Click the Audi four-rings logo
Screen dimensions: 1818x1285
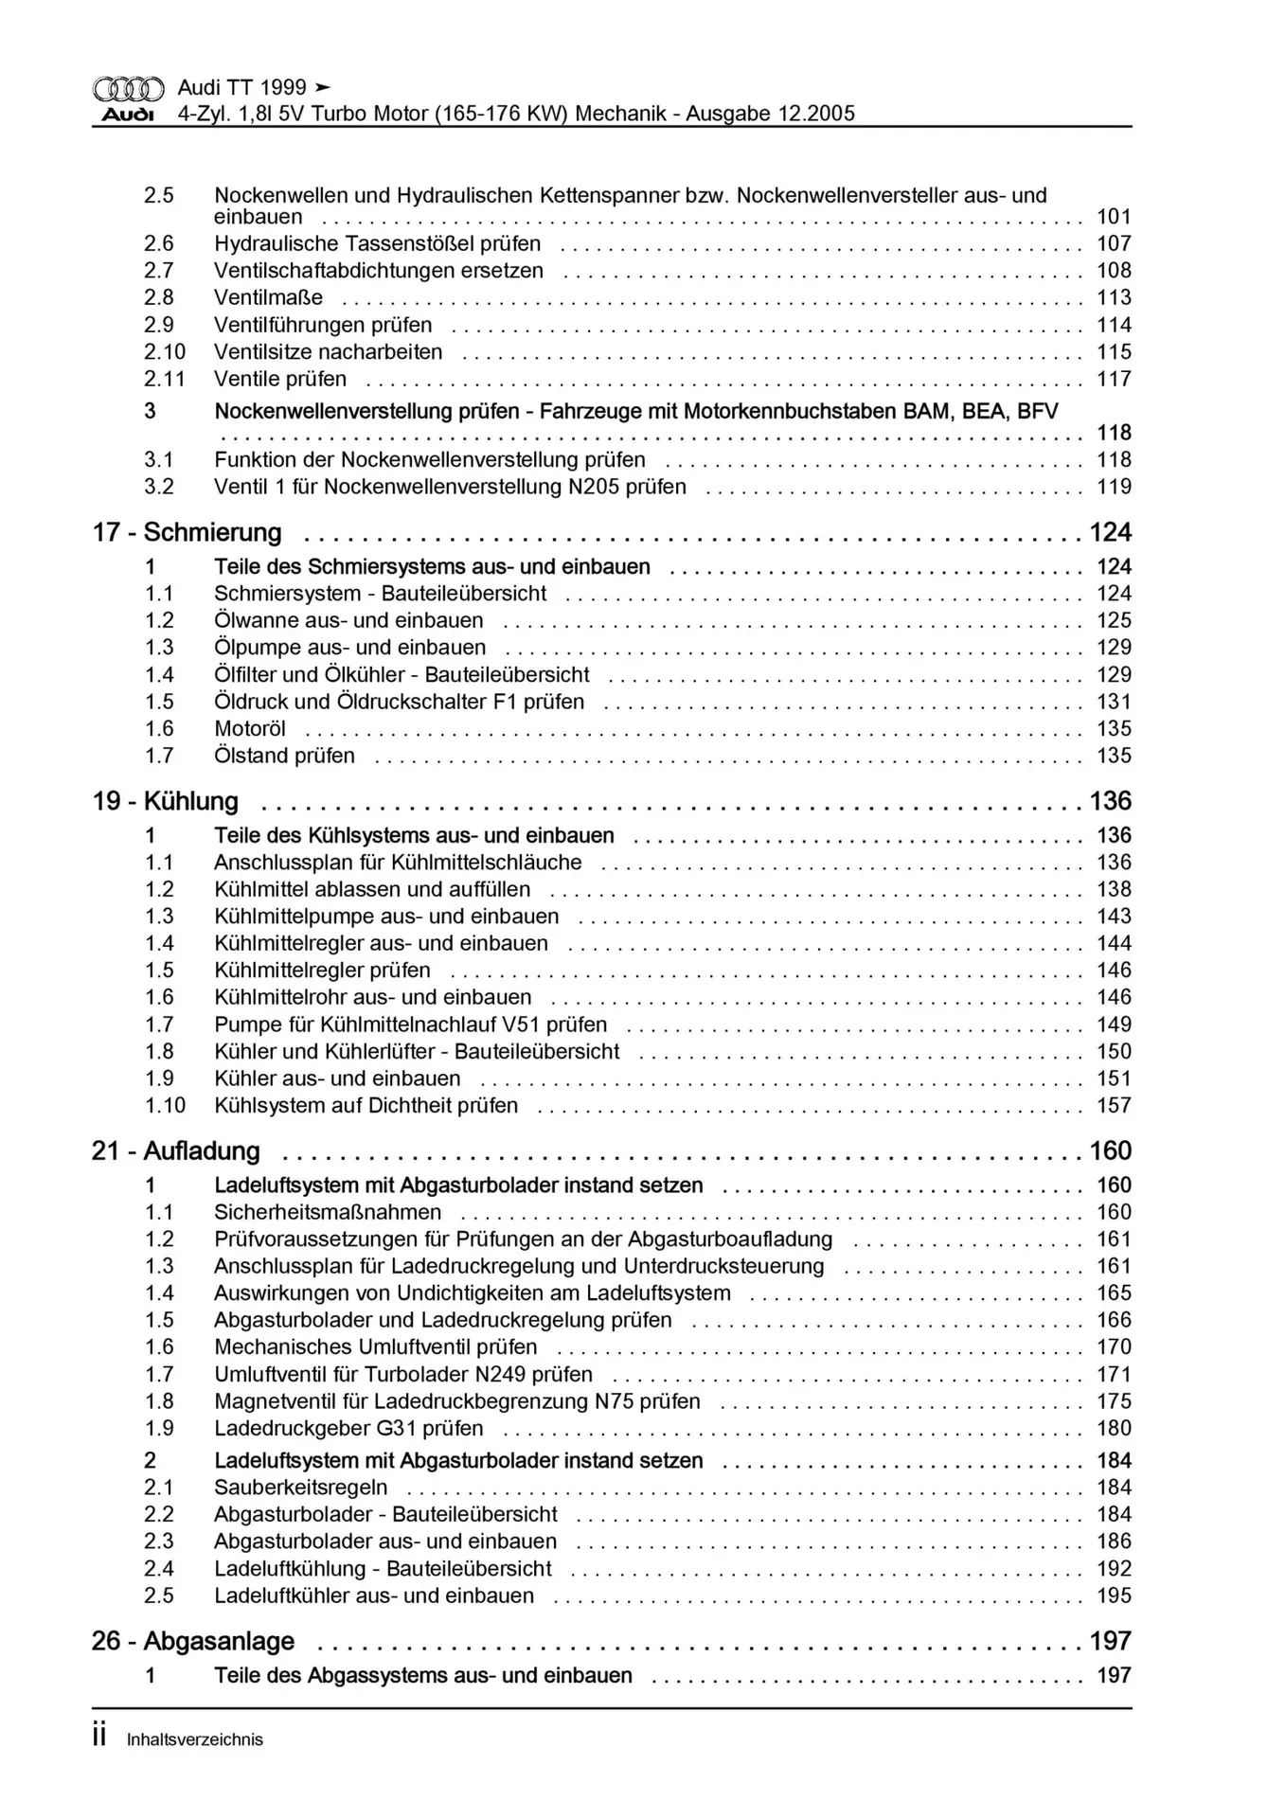(x=128, y=89)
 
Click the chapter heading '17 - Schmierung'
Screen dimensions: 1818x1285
(x=187, y=533)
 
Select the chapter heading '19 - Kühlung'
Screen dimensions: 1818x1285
(x=165, y=802)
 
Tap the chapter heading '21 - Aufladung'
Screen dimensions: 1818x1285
(x=175, y=1151)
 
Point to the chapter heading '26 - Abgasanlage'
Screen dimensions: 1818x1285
(x=192, y=1641)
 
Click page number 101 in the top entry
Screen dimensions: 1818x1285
(x=1114, y=217)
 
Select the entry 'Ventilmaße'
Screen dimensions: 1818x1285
(x=268, y=298)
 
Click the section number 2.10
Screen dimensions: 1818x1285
(x=164, y=352)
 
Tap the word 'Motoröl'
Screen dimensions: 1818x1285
(x=250, y=729)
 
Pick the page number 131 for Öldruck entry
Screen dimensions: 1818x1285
(x=1114, y=703)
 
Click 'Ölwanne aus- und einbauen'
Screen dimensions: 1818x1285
(x=348, y=621)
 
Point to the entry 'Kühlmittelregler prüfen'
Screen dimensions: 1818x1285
(x=322, y=971)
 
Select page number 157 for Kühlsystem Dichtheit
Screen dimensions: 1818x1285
(x=1114, y=1106)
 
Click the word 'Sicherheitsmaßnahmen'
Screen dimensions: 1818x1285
(x=328, y=1213)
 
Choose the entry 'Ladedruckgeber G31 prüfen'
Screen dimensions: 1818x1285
(x=348, y=1429)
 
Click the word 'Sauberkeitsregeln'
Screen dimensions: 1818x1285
(x=301, y=1488)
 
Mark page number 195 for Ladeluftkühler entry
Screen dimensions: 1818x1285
(x=1114, y=1596)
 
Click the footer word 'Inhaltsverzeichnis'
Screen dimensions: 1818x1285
(x=195, y=1739)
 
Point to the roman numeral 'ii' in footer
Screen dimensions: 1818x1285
(x=99, y=1737)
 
